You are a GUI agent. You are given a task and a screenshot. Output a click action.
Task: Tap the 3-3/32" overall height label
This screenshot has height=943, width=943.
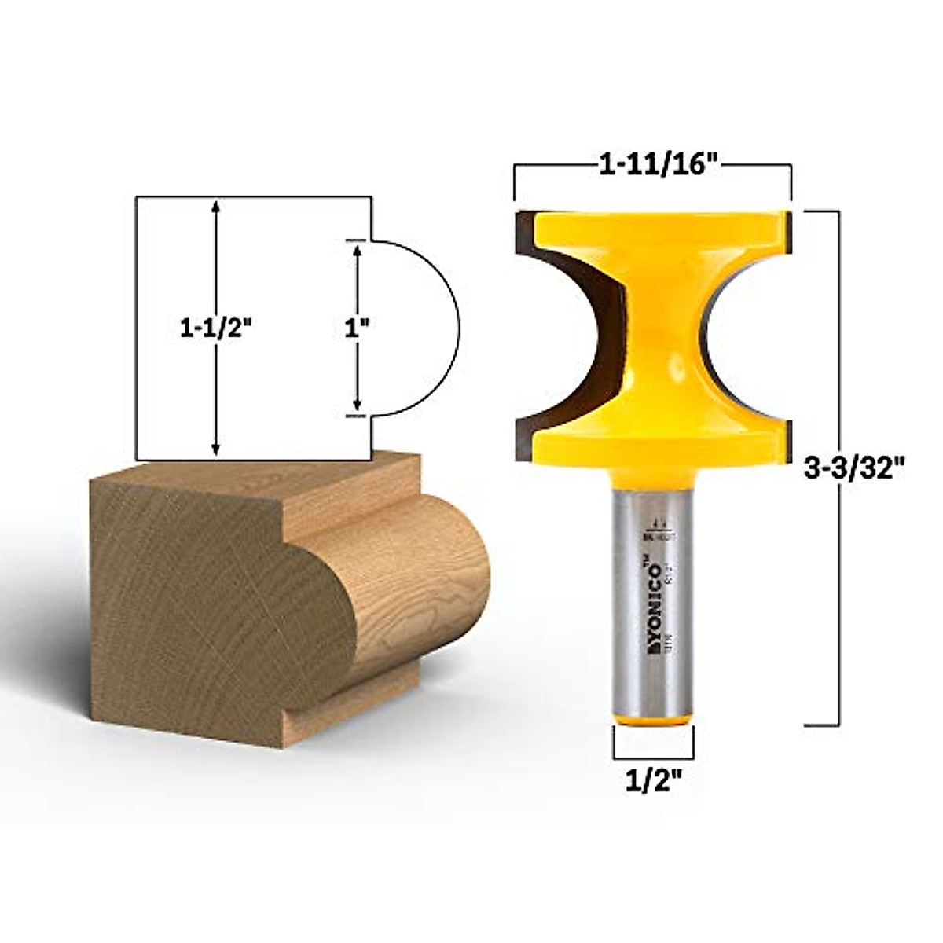857,469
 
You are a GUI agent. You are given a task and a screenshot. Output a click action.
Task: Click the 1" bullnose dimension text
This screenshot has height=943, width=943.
358,329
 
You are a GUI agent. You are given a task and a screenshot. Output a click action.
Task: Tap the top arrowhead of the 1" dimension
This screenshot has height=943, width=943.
358,250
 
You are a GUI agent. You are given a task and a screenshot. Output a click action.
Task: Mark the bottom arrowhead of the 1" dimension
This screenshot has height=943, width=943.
358,405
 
